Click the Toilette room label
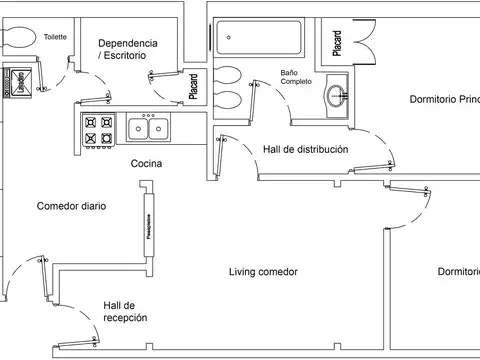[x=55, y=37]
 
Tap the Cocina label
[x=146, y=163]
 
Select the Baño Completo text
[x=295, y=77]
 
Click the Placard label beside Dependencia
[x=193, y=88]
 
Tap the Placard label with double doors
[x=338, y=44]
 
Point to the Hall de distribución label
[x=305, y=149]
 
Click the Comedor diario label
[x=71, y=206]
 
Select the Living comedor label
[x=263, y=272]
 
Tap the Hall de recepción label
[x=125, y=311]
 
